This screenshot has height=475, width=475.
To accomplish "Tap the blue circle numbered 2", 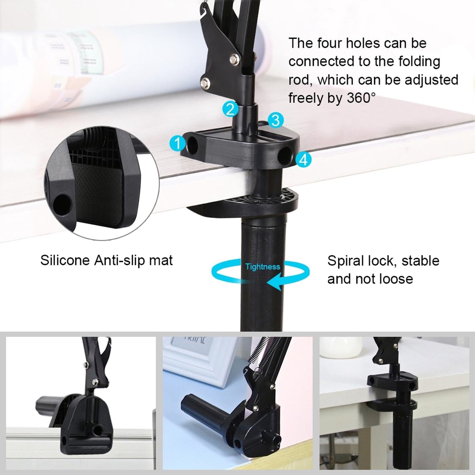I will pos(230,109).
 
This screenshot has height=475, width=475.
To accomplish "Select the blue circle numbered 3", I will pos(275,120).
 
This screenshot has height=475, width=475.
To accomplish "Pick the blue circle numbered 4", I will pos(303,160).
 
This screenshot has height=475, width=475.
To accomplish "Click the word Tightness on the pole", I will pos(262,267).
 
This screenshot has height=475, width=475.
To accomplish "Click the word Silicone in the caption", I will pos(65,260).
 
